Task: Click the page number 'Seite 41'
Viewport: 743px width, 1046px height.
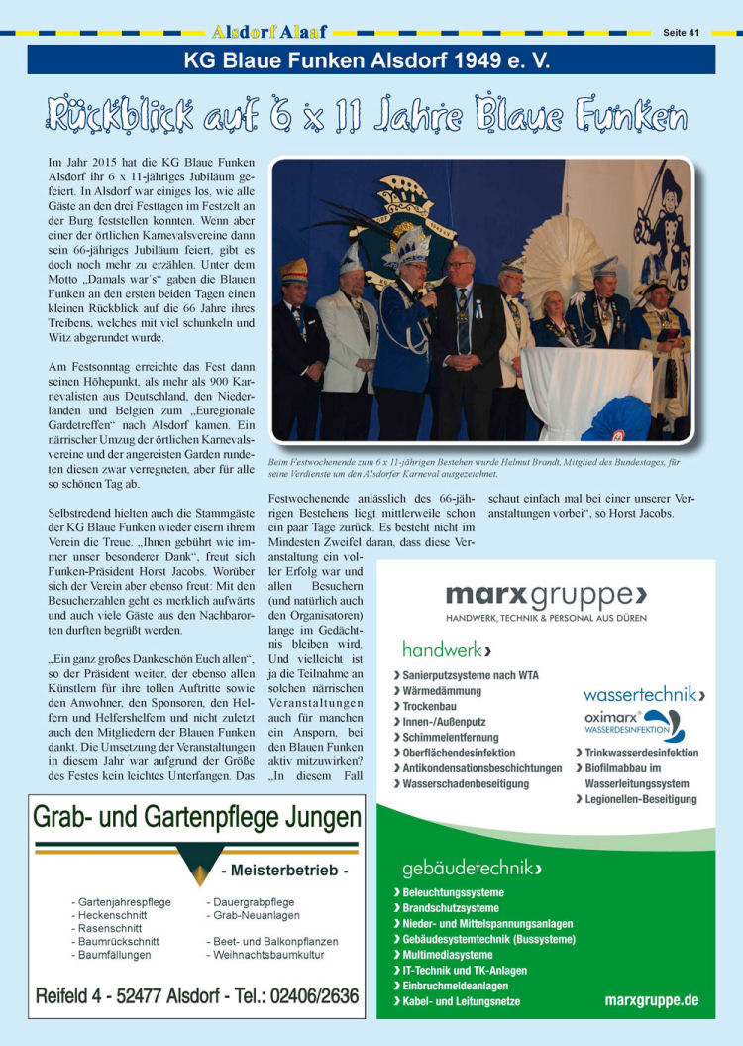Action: pyautogui.click(x=681, y=33)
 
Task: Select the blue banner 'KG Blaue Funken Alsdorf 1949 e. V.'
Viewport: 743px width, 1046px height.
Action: pyautogui.click(x=371, y=60)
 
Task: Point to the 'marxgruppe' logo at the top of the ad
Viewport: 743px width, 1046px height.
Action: pyautogui.click(x=546, y=595)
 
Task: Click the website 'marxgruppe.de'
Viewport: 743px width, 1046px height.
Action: pyautogui.click(x=651, y=1000)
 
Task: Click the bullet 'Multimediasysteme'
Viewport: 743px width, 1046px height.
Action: pyautogui.click(x=448, y=955)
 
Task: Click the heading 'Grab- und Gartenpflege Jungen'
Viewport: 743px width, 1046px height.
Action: pyautogui.click(x=197, y=818)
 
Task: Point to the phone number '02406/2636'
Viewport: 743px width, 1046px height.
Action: pyautogui.click(x=310, y=995)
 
